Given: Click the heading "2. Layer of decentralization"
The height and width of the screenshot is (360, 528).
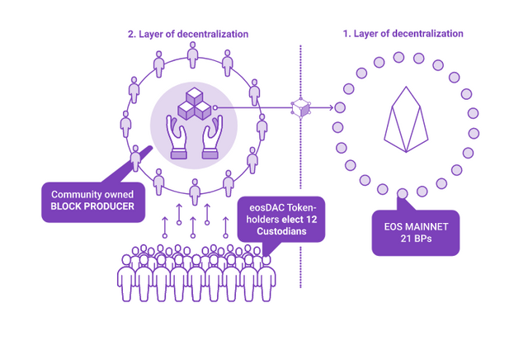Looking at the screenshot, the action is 188,34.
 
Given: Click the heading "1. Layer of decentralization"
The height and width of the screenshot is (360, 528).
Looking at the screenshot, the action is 403,34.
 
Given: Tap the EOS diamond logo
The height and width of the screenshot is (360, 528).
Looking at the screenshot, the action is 406,120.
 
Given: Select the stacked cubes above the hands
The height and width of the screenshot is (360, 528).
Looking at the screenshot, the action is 195,103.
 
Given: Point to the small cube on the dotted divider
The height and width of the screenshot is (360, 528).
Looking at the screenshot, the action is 300,108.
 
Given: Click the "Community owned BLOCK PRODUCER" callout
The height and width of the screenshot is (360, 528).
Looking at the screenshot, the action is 93,202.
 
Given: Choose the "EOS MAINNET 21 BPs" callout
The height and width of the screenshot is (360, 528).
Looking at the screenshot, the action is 416,233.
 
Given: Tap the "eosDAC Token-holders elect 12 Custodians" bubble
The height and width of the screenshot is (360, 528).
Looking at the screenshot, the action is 281,219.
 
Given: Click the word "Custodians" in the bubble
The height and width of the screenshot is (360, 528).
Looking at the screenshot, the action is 281,231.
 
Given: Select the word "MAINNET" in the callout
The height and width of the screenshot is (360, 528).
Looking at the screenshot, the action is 427,226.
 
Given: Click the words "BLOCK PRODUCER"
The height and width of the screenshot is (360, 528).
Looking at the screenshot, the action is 92,206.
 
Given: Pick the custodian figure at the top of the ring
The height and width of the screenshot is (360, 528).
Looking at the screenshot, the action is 192,55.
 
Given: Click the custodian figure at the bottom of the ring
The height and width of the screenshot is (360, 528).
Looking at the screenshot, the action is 195,192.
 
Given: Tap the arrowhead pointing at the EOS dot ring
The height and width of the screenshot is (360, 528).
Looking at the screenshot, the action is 331,107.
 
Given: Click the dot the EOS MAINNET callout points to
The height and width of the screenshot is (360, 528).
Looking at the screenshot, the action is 403,193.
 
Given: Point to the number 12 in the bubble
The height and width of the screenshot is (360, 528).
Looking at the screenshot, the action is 312,220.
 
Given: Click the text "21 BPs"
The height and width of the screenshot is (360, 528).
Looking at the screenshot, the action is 416,239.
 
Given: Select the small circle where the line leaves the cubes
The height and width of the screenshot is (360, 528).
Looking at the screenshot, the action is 214,107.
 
